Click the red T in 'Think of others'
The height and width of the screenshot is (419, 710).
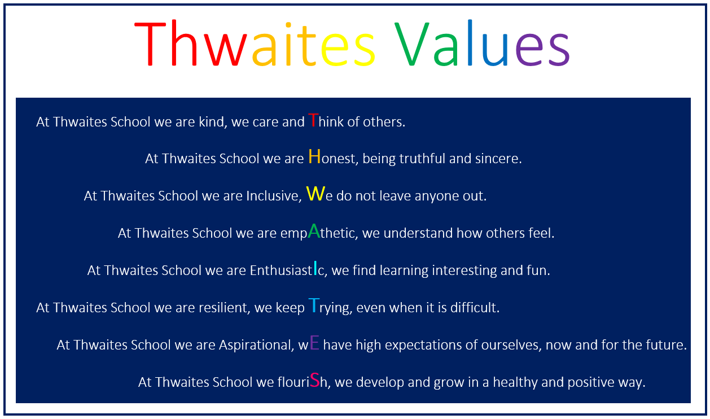[313, 120]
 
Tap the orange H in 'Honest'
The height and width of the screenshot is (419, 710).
[314, 156]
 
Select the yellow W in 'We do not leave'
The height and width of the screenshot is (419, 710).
[315, 194]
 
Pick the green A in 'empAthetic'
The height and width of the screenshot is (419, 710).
[314, 231]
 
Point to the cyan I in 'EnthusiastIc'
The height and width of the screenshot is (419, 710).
[315, 268]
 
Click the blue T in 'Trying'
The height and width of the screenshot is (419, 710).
[314, 305]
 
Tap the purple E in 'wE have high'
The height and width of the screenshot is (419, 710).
[314, 343]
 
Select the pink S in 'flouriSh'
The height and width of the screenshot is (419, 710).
[315, 380]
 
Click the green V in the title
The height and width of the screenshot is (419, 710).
[412, 44]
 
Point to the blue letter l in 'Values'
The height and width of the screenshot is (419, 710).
[470, 42]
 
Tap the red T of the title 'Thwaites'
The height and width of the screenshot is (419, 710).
[150, 44]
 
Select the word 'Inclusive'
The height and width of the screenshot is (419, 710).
[272, 196]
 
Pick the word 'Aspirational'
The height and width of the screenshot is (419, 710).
[255, 345]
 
